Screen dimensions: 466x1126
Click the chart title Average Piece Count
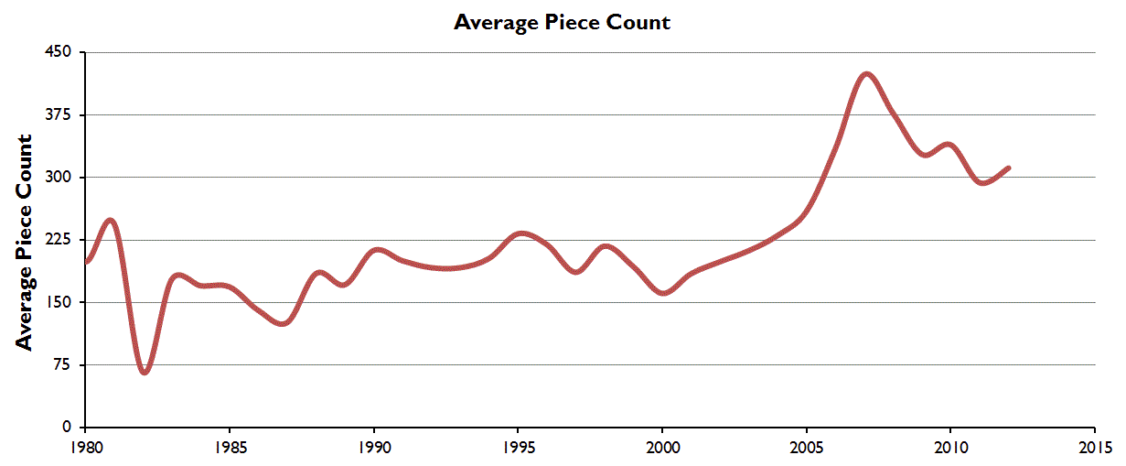[562, 22]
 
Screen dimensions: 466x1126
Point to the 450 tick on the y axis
[59, 52]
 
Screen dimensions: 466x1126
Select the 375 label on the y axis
[59, 114]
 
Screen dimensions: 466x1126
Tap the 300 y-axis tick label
[59, 177]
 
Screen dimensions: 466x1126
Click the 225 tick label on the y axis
[59, 240]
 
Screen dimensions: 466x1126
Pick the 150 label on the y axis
[59, 302]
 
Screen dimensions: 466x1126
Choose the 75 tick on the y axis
[62, 364]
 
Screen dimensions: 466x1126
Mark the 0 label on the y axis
[67, 427]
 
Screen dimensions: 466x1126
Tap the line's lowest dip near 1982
[145, 372]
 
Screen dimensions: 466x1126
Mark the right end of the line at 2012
[1008, 168]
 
